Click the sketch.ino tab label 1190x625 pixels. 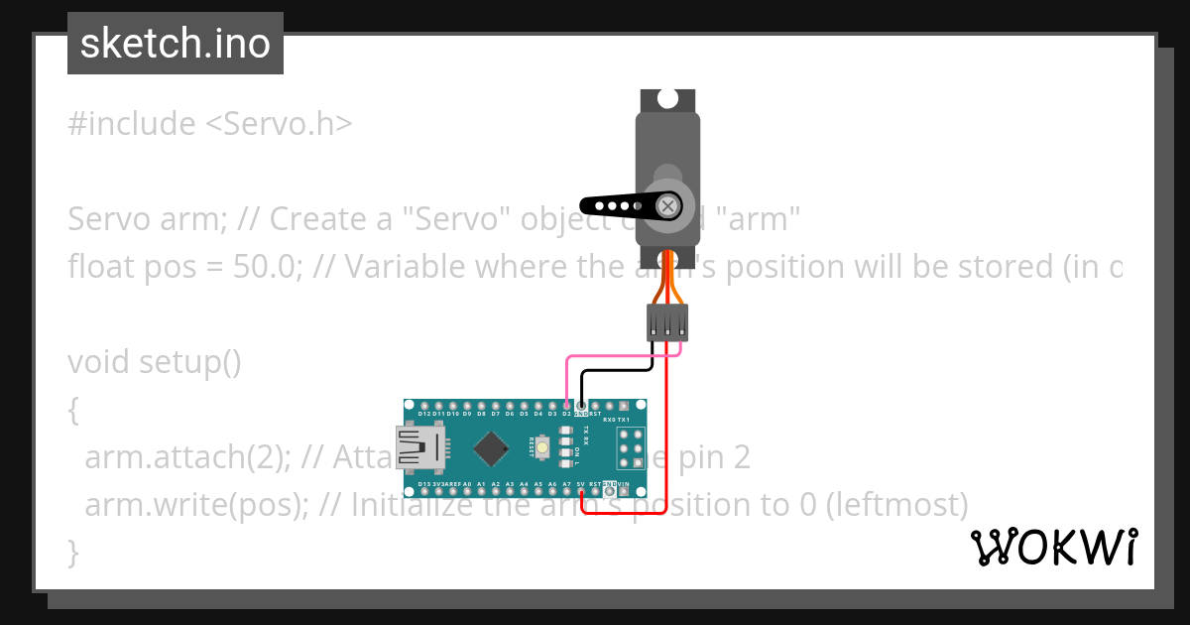(x=176, y=44)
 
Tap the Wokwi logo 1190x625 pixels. (x=1053, y=547)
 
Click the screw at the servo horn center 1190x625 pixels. (x=669, y=206)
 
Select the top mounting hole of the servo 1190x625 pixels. (x=668, y=99)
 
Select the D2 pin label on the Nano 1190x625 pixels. (x=566, y=414)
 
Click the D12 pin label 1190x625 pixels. (x=424, y=414)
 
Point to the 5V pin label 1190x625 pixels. (x=580, y=484)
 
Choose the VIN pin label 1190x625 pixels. (x=624, y=484)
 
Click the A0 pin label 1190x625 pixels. (x=467, y=484)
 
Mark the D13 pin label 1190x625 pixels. (x=424, y=484)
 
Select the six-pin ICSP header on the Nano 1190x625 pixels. (x=630, y=448)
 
